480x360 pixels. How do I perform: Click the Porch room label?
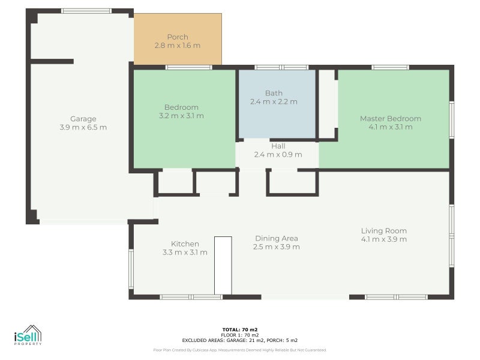coord(178,37)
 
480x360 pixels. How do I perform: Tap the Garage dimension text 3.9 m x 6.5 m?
coord(83,127)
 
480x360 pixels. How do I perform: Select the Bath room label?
coord(274,93)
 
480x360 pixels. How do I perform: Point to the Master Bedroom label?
coord(391,118)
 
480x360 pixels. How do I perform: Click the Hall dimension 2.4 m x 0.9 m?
coord(278,155)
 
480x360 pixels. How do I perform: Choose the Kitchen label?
coord(185,244)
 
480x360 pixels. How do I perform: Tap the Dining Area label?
coord(277,238)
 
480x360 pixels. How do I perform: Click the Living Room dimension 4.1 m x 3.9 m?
coord(384,239)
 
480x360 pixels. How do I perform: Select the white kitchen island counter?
coord(223,265)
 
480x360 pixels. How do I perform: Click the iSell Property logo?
coord(28,335)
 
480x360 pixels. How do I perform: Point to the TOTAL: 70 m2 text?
coord(240,329)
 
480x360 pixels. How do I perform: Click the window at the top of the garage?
coord(86,11)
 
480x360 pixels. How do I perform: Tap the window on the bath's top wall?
coord(281,67)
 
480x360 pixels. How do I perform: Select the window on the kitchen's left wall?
coord(131,269)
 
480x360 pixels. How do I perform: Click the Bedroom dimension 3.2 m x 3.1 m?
coord(181,116)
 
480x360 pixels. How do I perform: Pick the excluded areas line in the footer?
coord(240,340)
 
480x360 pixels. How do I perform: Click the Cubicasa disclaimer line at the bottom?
coord(240,350)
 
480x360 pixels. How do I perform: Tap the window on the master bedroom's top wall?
coord(391,67)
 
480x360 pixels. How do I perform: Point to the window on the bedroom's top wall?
coord(189,67)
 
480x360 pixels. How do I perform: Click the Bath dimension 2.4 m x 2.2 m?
coord(274,101)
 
